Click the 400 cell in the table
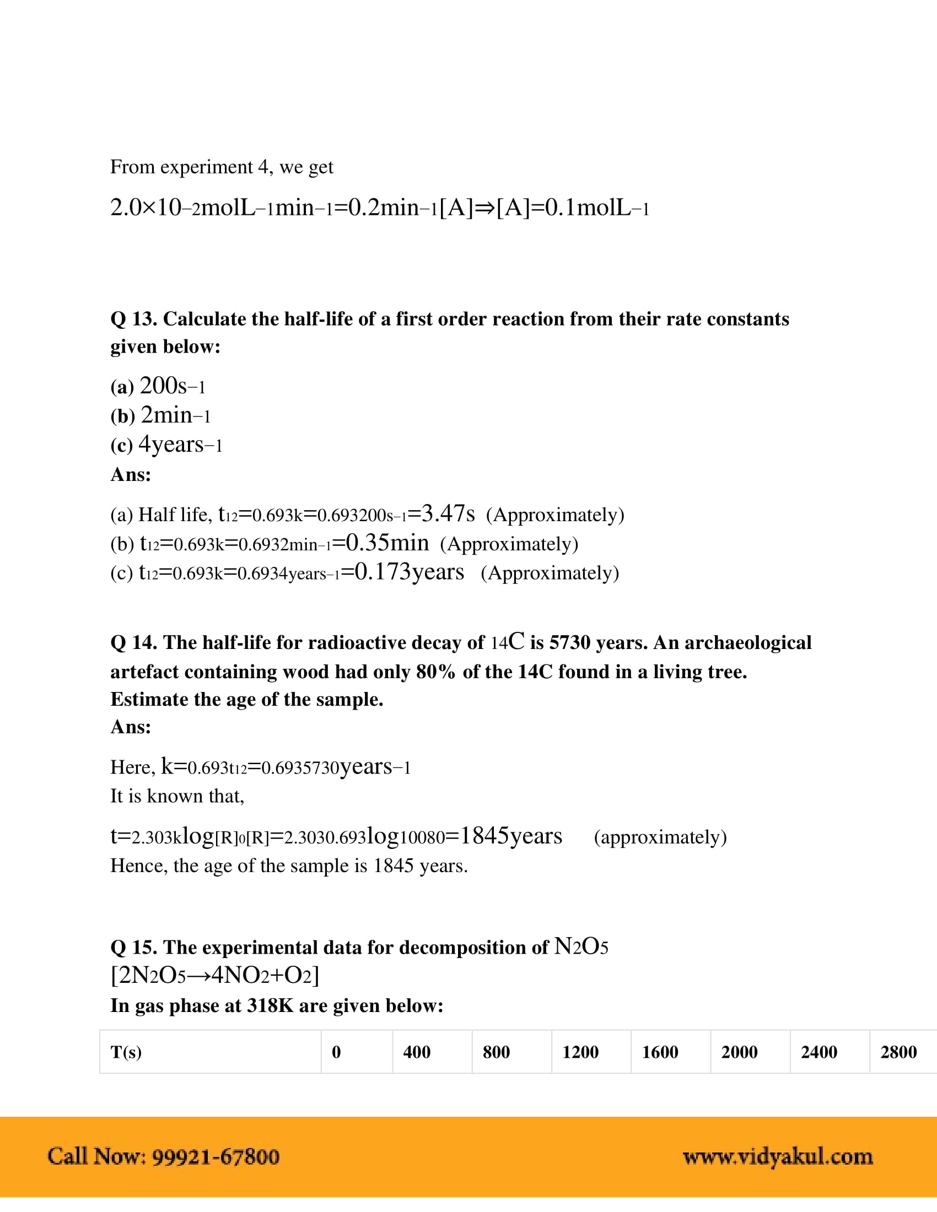pos(416,1052)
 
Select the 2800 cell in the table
pos(898,1052)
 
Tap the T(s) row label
pos(126,1052)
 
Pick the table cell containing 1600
pos(659,1052)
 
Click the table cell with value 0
pos(336,1052)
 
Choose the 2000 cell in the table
pos(739,1052)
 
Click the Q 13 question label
pos(134,319)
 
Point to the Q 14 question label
pos(134,642)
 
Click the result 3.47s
pos(448,513)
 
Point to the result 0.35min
pos(387,543)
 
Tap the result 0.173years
pos(410,572)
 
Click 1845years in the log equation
pos(511,836)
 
